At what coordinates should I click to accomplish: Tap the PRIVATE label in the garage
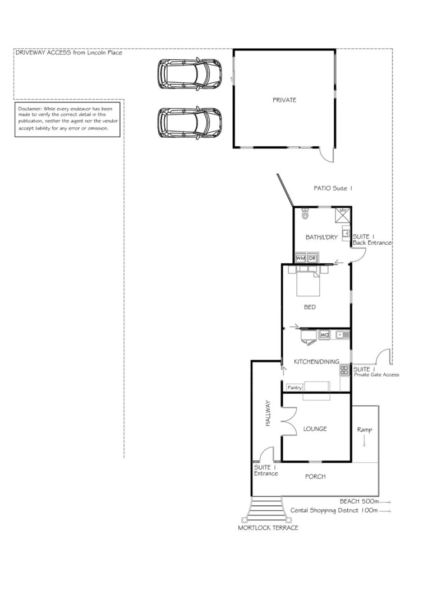tap(284, 100)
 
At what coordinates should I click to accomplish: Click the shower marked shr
tap(343, 215)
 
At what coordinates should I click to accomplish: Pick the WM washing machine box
tap(301, 259)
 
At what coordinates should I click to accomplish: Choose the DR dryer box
tap(312, 259)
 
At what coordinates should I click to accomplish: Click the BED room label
tap(310, 307)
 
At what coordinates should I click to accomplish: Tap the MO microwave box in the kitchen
tap(324, 335)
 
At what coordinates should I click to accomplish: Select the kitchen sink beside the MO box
tap(342, 335)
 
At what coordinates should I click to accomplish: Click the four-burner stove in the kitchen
tap(344, 370)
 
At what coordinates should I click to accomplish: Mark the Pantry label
tap(294, 387)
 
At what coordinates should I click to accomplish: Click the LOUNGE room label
tap(315, 429)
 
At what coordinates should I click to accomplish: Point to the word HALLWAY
tap(269, 414)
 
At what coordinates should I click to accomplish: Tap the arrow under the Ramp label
tap(365, 441)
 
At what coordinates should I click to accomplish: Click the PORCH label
tap(315, 477)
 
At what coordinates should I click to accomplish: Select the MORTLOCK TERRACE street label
tap(268, 528)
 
